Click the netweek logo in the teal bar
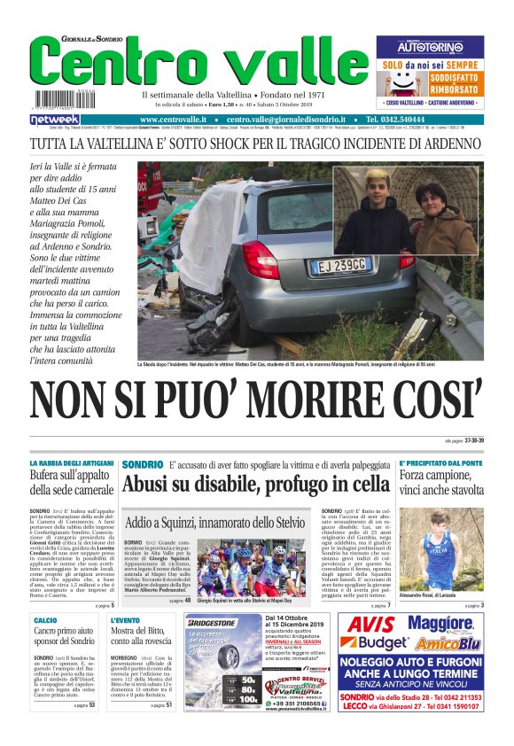(x=55, y=119)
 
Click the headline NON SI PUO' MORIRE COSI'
(x=257, y=400)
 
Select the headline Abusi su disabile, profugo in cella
(x=256, y=484)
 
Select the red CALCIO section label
(x=45, y=619)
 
